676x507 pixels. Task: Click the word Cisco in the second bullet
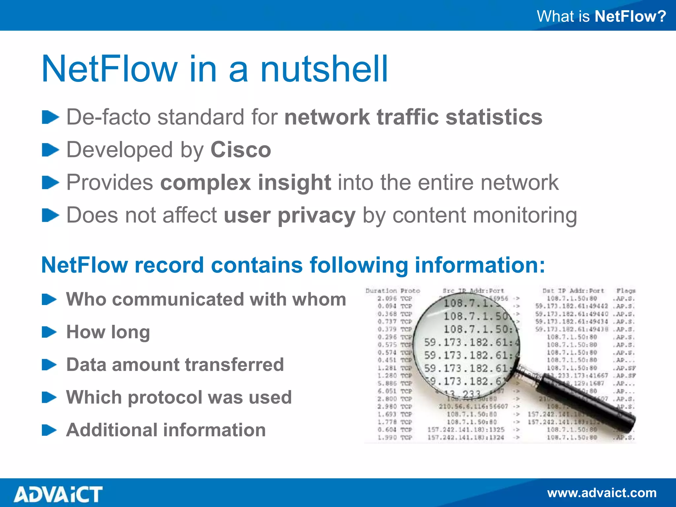coord(241,150)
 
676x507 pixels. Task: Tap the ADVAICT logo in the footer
coord(58,494)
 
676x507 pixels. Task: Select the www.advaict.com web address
coord(602,493)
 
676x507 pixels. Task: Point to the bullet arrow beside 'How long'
coord(50,332)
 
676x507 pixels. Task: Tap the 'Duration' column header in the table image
coord(381,291)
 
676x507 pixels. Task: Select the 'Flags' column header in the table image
coord(626,291)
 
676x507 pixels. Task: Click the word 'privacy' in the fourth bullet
coord(317,215)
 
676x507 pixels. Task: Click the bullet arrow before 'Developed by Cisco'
coord(50,150)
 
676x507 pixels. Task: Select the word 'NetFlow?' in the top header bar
coord(630,16)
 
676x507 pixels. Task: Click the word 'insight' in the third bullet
coord(294,183)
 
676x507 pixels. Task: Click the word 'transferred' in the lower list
coord(234,364)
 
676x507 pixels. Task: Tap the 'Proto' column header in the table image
coord(410,291)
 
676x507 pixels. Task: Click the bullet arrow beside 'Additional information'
coord(50,430)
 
